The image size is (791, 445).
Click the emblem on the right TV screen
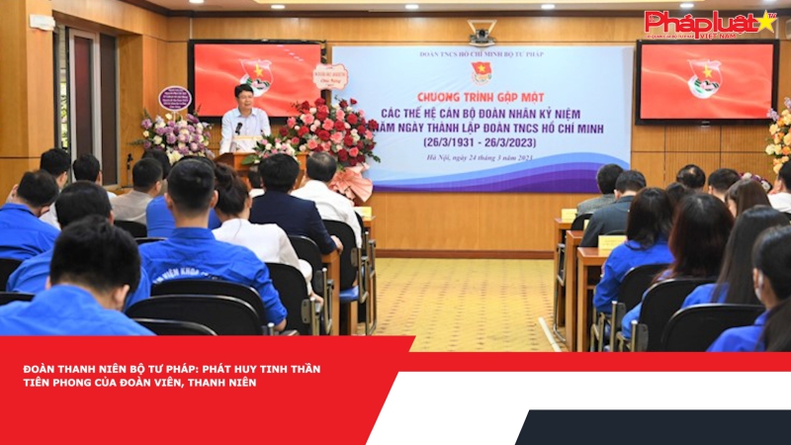tap(705, 78)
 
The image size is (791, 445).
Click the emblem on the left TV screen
tap(255, 76)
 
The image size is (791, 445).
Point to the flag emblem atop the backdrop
tap(482, 72)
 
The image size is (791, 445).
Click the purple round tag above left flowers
tap(175, 99)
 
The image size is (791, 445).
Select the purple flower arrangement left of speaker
tap(173, 133)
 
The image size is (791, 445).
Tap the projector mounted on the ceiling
tap(482, 33)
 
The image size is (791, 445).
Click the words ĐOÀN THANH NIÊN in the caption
tap(65, 369)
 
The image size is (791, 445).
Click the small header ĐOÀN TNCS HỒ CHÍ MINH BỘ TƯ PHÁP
tap(482, 54)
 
